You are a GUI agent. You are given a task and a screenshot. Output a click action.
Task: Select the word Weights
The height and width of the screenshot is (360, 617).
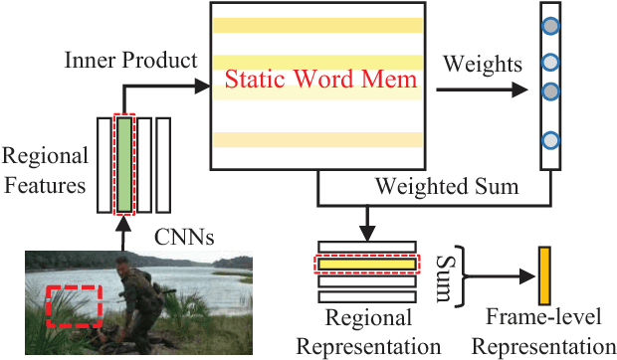tap(483, 65)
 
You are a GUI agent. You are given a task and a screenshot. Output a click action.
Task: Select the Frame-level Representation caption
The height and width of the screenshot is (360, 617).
tap(544, 332)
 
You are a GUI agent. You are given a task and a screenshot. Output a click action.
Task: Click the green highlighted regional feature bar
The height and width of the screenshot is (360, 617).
tap(122, 165)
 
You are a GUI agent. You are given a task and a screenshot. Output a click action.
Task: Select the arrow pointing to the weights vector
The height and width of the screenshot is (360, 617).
tap(481, 89)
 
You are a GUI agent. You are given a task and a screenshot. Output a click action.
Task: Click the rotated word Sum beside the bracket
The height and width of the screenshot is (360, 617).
tap(445, 268)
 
